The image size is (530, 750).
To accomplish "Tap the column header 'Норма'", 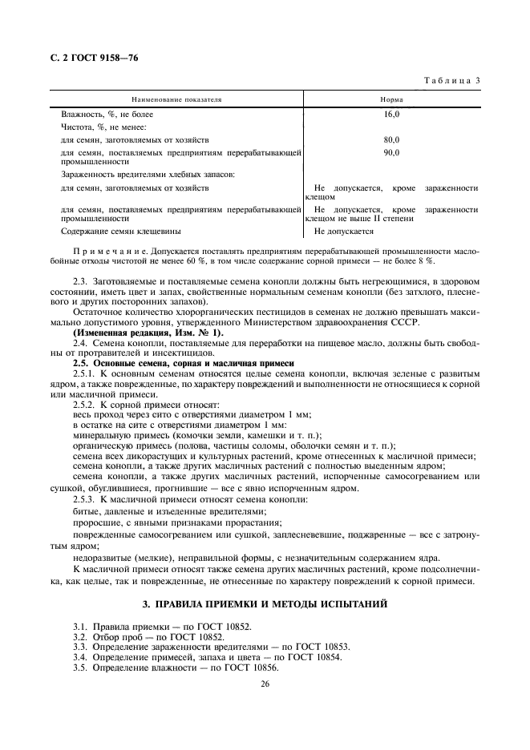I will point(391,99).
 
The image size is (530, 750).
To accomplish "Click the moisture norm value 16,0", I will point(391,115).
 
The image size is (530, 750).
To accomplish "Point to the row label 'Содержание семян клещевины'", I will point(118,232).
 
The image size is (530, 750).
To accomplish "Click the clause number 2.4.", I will point(81,343).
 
